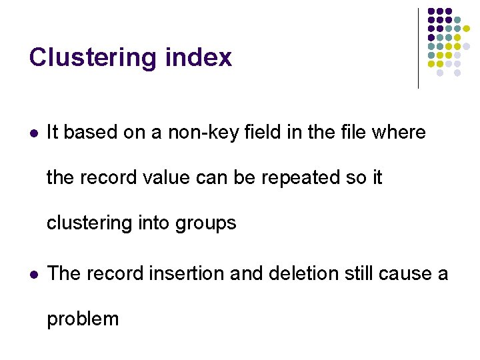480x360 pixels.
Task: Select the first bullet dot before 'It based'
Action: pyautogui.click(x=33, y=133)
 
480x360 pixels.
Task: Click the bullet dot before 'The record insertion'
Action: pyautogui.click(x=33, y=274)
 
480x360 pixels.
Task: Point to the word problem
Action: pyautogui.click(x=83, y=319)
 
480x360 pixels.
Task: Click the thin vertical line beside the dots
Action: pyautogui.click(x=418, y=48)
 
